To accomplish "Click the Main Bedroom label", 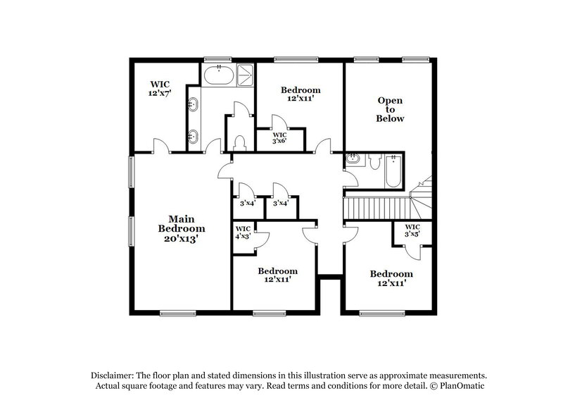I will pyautogui.click(x=182, y=228).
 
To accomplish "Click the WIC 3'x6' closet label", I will pyautogui.click(x=279, y=138).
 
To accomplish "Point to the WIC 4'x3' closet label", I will pyautogui.click(x=243, y=232).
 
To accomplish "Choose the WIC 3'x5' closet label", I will pyautogui.click(x=412, y=231).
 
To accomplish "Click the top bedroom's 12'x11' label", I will pyautogui.click(x=301, y=100).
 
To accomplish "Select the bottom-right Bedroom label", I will pyautogui.click(x=391, y=278).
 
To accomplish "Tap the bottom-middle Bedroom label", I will pyautogui.click(x=277, y=275).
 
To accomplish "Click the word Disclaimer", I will pyautogui.click(x=113, y=375).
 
